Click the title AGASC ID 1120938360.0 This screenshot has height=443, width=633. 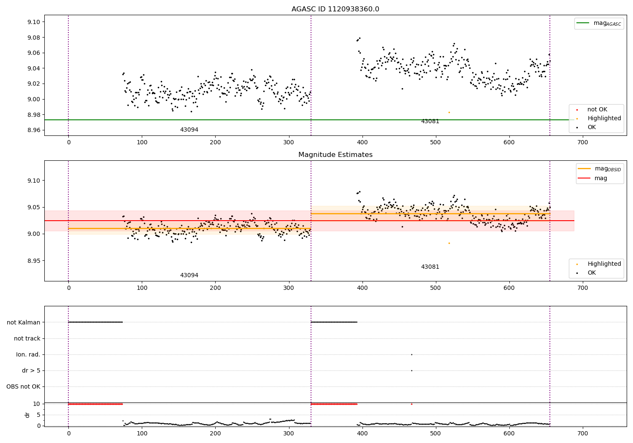(x=335, y=9)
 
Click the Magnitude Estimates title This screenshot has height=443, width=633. (x=335, y=155)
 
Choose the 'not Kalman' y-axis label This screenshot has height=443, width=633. (x=24, y=322)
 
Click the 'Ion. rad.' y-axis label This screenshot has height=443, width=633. (x=28, y=354)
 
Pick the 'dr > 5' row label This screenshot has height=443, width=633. (x=31, y=370)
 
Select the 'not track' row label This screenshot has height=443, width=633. (x=27, y=338)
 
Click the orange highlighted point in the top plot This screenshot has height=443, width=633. (x=449, y=112)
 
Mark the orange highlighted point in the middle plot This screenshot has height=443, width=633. (x=449, y=243)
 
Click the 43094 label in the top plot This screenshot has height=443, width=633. (x=189, y=130)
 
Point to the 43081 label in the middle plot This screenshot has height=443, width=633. (x=430, y=267)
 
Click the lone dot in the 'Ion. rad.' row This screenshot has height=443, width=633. (x=411, y=354)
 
